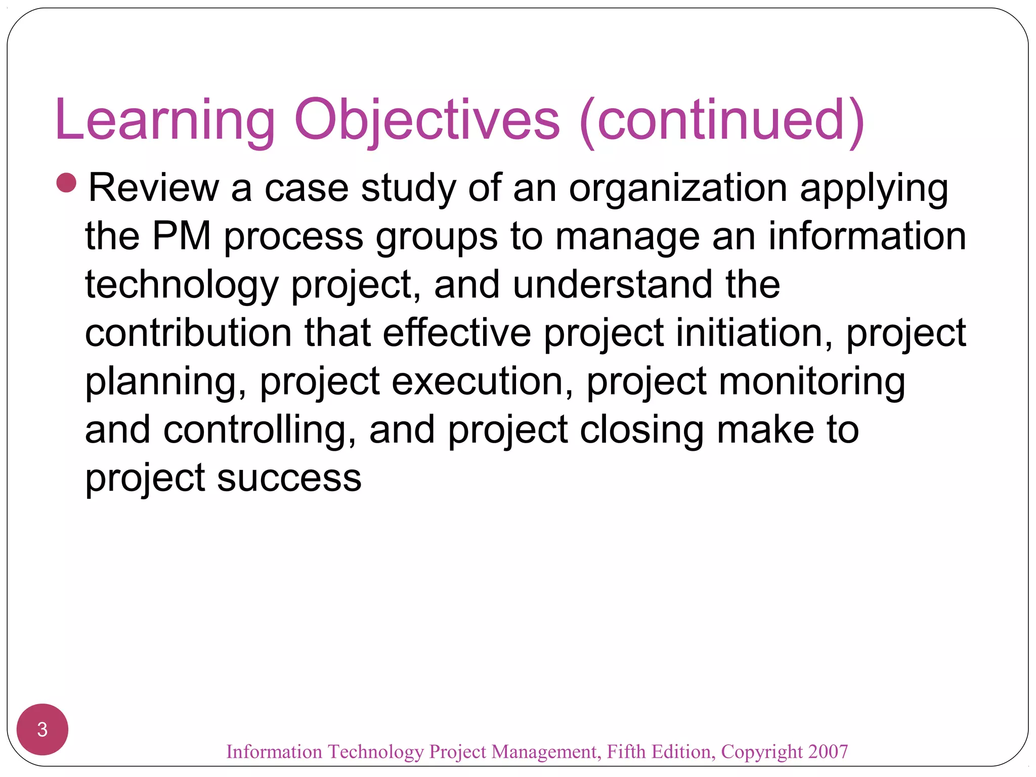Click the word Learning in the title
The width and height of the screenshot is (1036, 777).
coord(164,120)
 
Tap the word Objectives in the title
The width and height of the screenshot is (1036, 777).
coord(427,120)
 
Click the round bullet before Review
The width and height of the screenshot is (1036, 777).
coord(66,183)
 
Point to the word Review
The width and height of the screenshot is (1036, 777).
coord(154,188)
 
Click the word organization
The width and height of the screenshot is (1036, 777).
coord(678,189)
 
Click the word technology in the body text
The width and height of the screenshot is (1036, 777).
coord(182,285)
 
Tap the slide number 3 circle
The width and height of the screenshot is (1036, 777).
coord(42,729)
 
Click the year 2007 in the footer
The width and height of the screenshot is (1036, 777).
coord(828,751)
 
